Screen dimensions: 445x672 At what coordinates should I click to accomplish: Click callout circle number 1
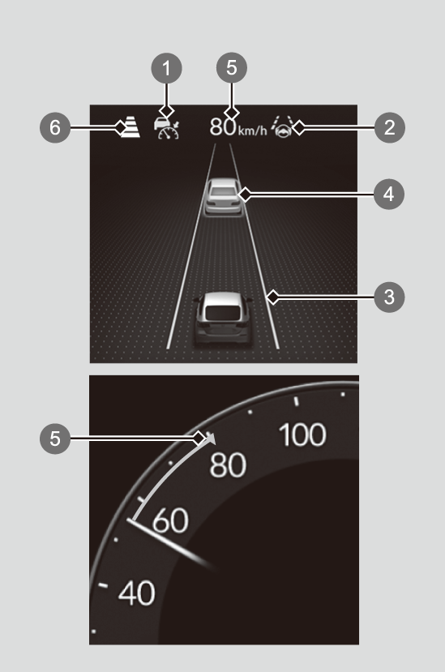(166, 68)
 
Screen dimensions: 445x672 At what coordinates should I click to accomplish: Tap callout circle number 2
(389, 127)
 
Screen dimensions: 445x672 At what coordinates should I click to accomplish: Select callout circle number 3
(389, 297)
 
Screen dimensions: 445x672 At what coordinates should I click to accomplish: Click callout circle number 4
(389, 195)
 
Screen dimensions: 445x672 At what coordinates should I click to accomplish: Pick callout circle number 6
(55, 127)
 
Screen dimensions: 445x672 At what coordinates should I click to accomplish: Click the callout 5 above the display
(232, 67)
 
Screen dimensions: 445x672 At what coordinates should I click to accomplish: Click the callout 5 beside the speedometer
(55, 438)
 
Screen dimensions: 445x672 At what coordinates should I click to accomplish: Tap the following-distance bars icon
(131, 127)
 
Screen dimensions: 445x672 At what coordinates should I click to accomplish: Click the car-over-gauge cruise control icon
(167, 128)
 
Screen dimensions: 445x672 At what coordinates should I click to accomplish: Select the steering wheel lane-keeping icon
(283, 126)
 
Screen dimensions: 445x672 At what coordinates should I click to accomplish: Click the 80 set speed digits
(223, 127)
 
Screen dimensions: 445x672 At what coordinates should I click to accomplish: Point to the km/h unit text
(252, 131)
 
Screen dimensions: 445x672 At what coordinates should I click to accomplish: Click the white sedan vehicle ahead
(223, 197)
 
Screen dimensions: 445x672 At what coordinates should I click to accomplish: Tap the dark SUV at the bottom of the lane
(222, 319)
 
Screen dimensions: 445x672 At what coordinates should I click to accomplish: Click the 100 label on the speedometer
(302, 435)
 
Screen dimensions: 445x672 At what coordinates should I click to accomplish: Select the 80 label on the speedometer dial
(228, 465)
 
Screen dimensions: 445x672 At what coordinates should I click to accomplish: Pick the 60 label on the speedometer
(170, 520)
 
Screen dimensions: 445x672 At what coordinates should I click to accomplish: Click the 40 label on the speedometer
(136, 593)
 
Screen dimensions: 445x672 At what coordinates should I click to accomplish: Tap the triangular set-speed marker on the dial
(211, 439)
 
